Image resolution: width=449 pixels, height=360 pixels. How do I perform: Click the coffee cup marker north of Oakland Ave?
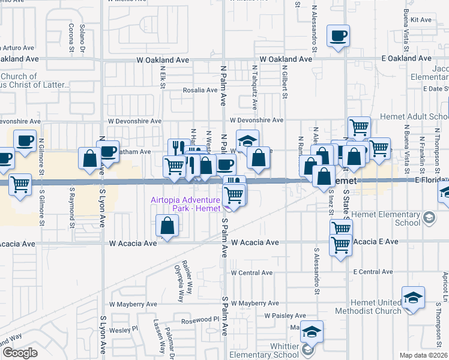[x=338, y=35]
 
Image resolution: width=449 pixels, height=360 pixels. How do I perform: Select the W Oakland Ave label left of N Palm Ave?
[x=163, y=60]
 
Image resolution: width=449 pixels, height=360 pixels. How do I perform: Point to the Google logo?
[x=20, y=353]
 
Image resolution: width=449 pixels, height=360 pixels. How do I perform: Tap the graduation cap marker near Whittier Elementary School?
[x=312, y=331]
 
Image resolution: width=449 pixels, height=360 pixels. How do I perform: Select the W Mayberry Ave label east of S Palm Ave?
[x=255, y=304]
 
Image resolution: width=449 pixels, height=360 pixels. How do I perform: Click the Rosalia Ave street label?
[x=200, y=90]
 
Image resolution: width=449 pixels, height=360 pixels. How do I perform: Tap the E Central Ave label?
[x=373, y=272]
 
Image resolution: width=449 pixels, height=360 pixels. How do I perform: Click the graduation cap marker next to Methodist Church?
[x=413, y=298]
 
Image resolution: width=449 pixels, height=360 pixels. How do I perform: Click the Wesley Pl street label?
[x=128, y=329]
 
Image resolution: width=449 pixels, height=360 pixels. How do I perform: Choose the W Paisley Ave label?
[x=285, y=316]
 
